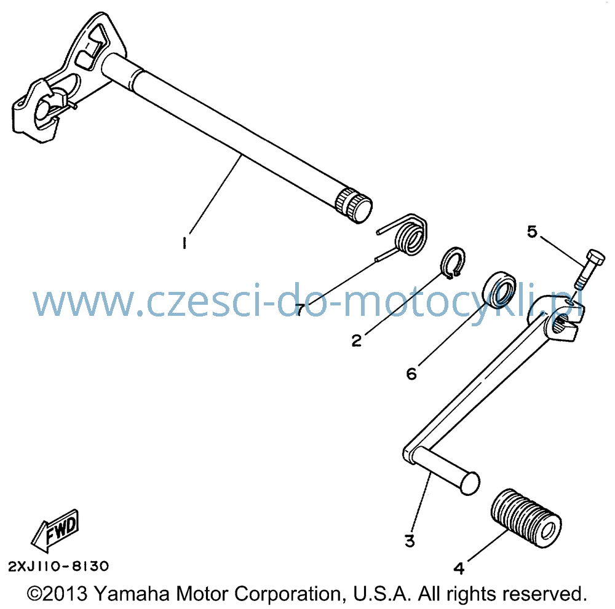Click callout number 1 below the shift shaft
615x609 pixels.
click(184, 243)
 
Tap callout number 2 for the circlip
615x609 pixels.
click(356, 340)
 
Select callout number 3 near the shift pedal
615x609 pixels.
click(410, 541)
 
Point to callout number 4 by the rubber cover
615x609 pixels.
click(459, 568)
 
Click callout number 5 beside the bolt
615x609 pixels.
click(532, 232)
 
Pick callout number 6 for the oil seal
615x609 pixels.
click(411, 374)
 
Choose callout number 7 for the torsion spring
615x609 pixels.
click(300, 310)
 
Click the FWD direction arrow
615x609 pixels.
click(55, 530)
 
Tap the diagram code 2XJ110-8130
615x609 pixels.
click(58, 566)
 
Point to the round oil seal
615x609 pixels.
click(499, 288)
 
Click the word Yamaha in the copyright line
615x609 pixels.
click(133, 594)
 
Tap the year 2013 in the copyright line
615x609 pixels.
click(65, 594)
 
